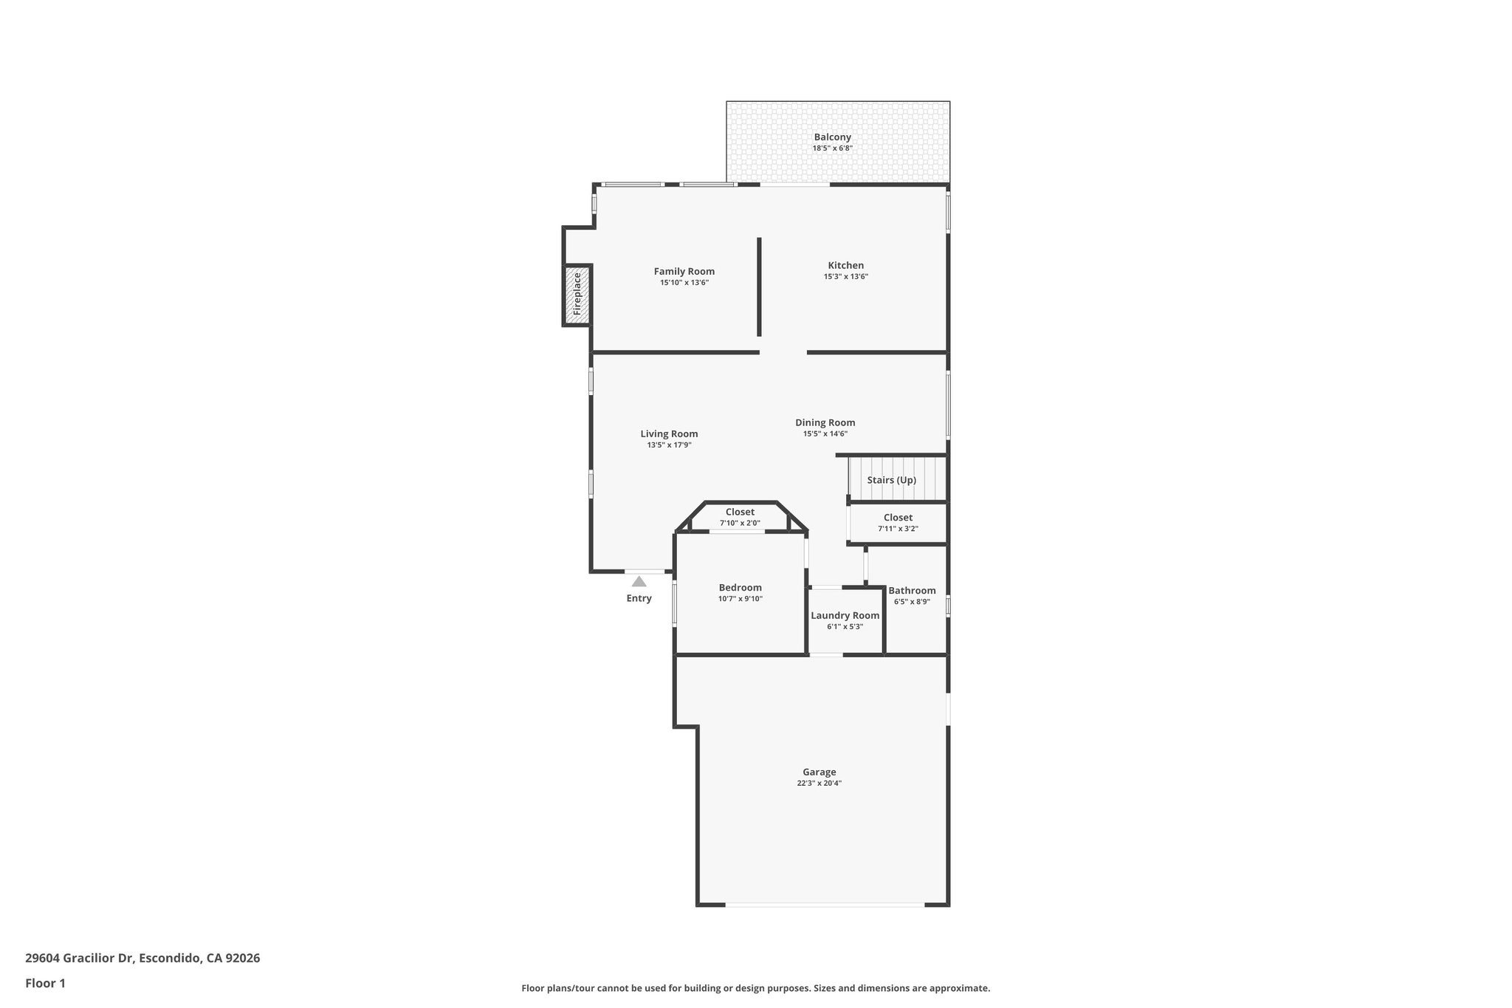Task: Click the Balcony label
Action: [832, 137]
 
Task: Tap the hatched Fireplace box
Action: [577, 295]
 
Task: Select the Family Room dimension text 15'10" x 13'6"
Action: [684, 283]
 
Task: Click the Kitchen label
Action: [845, 265]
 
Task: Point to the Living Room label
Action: [669, 434]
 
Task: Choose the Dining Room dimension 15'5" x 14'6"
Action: [825, 434]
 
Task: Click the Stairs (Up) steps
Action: [896, 479]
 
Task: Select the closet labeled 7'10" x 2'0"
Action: [740, 517]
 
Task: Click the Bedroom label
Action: [740, 588]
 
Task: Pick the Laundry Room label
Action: [845, 616]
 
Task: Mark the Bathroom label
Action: [912, 591]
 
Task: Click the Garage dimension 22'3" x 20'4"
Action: [819, 784]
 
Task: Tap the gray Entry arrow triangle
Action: [639, 582]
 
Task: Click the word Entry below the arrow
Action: [639, 598]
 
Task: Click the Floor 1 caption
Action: [45, 983]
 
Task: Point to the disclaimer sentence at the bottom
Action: [755, 988]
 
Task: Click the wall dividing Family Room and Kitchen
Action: [759, 287]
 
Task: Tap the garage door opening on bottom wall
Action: [824, 905]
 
